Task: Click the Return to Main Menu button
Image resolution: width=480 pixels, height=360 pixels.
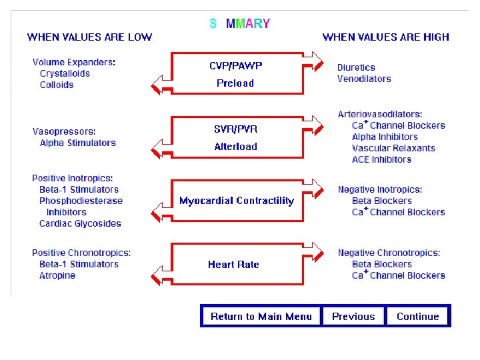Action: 261,317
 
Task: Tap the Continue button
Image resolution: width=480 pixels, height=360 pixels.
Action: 417,317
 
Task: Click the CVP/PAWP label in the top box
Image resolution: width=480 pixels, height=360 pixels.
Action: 236,66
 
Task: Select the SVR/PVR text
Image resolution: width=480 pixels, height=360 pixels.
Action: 235,129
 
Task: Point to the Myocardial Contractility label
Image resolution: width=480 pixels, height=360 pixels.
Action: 236,201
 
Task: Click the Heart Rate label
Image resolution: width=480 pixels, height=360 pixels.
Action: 233,265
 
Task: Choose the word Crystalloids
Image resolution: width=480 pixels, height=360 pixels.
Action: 65,74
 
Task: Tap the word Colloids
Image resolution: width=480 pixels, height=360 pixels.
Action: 57,85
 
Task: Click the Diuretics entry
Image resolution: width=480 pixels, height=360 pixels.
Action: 356,67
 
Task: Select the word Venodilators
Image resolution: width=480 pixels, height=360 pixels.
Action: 364,79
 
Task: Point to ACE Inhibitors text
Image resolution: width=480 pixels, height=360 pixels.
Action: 381,160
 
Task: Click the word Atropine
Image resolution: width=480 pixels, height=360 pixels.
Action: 57,276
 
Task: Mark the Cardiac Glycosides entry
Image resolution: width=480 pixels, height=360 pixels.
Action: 80,224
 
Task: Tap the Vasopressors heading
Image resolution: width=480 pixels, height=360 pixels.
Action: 64,131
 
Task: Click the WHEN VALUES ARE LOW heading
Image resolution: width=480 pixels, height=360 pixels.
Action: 89,37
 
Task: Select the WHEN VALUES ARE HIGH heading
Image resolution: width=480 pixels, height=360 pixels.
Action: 386,37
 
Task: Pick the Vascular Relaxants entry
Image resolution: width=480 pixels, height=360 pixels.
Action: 393,149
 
